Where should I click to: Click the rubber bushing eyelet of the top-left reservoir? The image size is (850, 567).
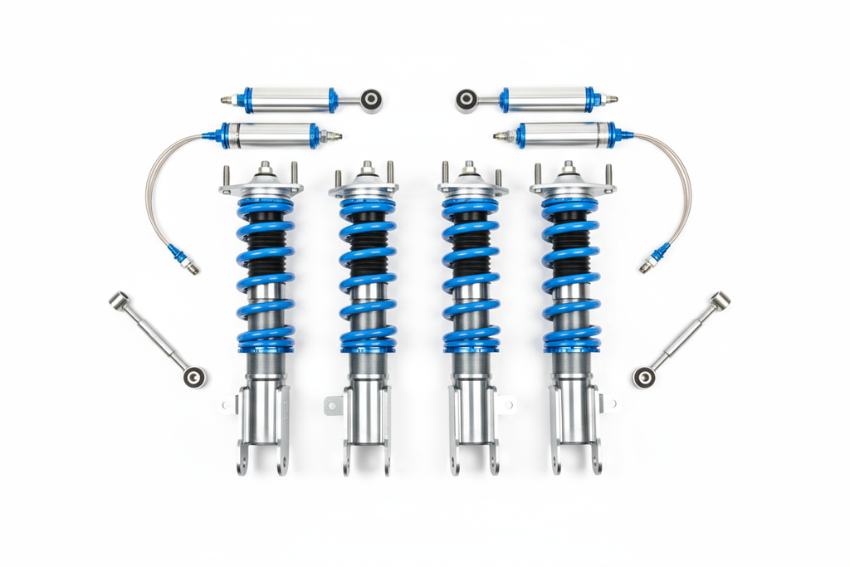coord(371,100)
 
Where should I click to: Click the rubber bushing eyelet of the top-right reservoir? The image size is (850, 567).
coord(467,100)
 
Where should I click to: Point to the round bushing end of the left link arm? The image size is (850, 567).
coord(194,377)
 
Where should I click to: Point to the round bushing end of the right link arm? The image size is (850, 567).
coord(643,378)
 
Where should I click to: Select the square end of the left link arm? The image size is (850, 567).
coord(119,300)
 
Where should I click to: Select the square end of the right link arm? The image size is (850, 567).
coord(721,300)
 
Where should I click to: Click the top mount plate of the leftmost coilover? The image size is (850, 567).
coord(261,188)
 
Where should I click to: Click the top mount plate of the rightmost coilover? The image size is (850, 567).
coord(573,188)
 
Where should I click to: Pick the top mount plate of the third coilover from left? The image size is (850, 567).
coord(472,188)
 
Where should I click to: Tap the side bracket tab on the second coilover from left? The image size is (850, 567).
coord(333,406)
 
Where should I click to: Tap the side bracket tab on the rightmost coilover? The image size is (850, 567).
coord(608,404)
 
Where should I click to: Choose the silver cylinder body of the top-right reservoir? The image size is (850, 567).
coord(546,100)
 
